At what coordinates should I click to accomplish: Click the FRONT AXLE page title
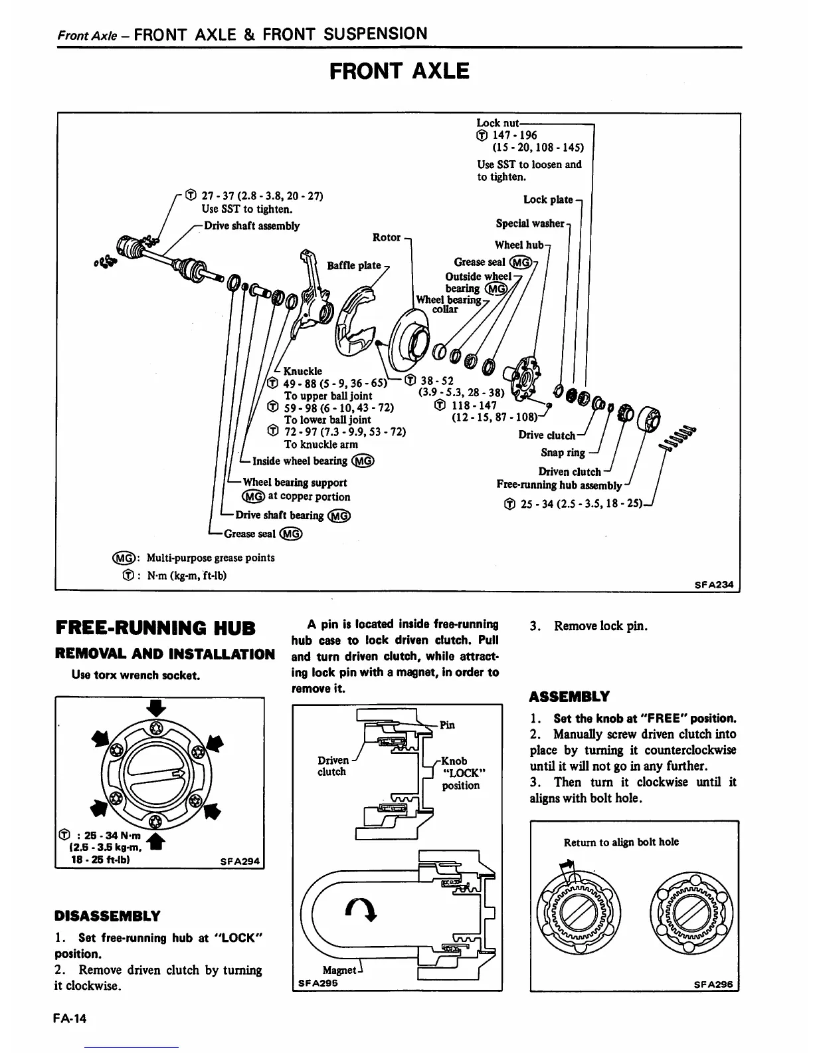(399, 70)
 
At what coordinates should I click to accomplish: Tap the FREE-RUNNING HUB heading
(155, 627)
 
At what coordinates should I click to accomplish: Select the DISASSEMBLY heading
(107, 915)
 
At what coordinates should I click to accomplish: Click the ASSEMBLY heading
(569, 697)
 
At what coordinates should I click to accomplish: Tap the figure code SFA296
(713, 985)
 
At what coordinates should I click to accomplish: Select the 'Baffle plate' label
(354, 266)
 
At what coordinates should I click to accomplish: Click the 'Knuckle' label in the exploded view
(303, 371)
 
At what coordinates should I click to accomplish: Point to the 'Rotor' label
(387, 237)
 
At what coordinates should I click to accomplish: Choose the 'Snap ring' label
(563, 453)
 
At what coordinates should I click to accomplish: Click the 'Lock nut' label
(497, 123)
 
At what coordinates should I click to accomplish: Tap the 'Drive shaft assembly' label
(252, 226)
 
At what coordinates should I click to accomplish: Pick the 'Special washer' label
(529, 223)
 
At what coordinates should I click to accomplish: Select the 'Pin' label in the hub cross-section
(447, 725)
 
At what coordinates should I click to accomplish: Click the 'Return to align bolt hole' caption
(621, 842)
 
